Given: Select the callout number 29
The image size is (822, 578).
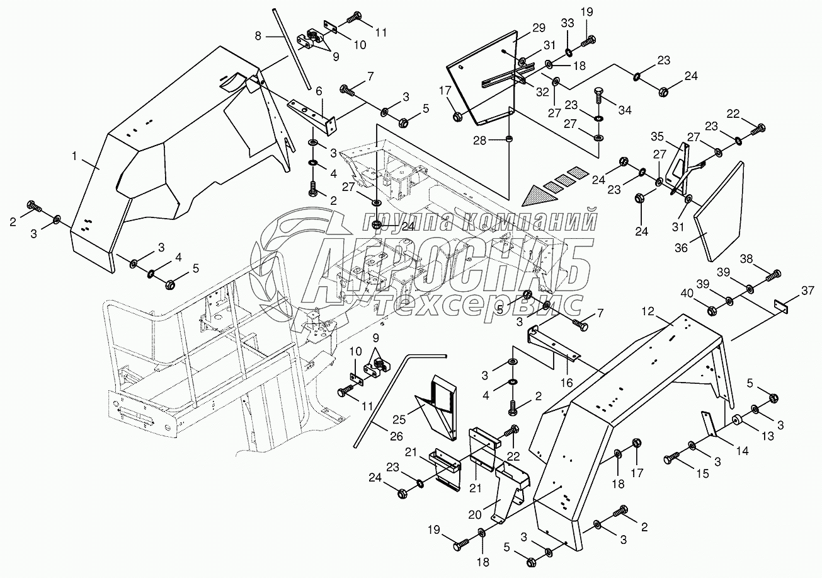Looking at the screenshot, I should click(x=538, y=28).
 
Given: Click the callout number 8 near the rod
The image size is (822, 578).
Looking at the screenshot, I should click(x=258, y=37).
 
